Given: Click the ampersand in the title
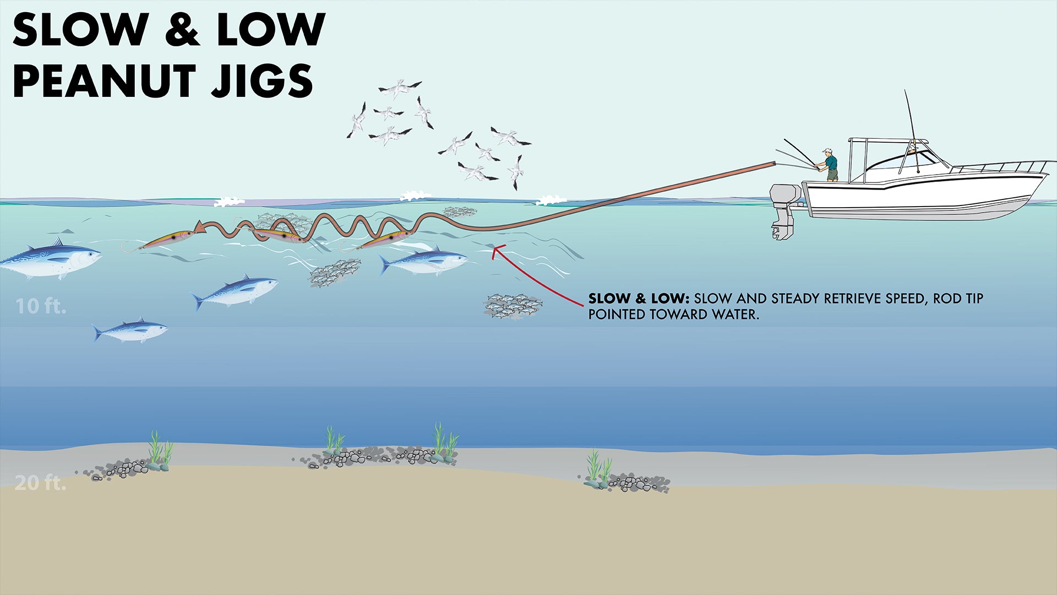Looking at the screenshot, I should click(x=181, y=30).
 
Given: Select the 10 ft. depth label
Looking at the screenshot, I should click(x=41, y=306).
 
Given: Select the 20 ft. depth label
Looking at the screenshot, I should click(x=40, y=483).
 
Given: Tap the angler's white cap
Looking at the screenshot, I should click(x=827, y=150).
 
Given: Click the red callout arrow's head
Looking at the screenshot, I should click(x=496, y=251).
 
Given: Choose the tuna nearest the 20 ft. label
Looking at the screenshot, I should click(x=130, y=331).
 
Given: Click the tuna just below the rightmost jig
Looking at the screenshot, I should click(x=424, y=260).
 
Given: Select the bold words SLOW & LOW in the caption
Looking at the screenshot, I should click(x=638, y=299).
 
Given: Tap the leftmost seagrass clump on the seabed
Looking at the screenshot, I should click(x=160, y=449).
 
